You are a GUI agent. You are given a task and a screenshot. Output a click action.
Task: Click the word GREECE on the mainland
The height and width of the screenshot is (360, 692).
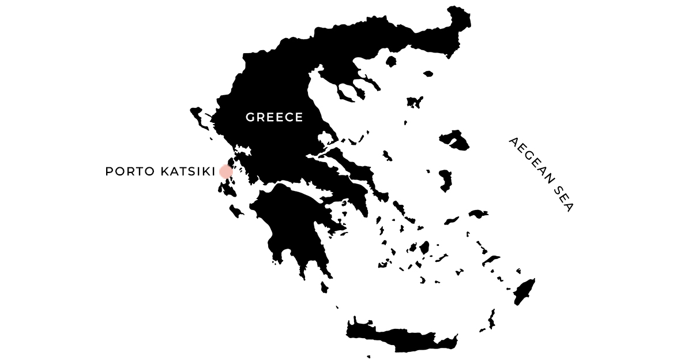274,117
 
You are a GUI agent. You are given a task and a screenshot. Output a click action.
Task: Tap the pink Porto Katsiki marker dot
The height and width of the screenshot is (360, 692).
225,171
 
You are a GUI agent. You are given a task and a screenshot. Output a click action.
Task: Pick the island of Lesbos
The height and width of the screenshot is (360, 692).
455,140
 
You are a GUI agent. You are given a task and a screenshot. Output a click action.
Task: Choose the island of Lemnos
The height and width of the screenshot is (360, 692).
414,103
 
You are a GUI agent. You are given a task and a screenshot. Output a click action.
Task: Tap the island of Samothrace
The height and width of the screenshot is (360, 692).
427,74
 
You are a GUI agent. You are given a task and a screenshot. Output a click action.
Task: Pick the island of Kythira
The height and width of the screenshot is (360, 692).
325,286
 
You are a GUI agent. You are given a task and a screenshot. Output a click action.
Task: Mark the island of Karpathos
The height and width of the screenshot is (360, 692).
491,319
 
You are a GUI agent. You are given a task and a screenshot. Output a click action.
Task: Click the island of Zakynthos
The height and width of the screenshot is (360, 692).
236,210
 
